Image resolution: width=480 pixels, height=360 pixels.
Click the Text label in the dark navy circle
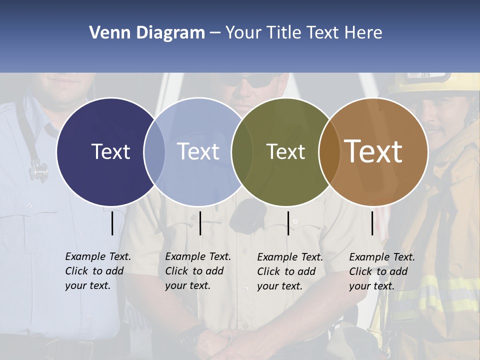[110, 151]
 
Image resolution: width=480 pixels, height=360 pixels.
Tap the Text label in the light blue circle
[198, 151]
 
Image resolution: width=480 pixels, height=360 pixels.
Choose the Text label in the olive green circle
[285, 151]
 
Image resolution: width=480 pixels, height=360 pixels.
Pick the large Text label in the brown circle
[373, 151]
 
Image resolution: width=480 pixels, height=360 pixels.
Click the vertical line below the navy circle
[112, 223]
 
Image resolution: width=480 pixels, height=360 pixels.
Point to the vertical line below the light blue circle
[200, 223]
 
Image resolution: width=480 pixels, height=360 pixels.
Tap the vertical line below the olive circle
[288, 223]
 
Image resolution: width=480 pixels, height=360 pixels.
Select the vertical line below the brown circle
[372, 223]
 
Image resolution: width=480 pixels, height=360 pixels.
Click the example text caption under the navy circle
[97, 271]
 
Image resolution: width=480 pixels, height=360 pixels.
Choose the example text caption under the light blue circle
[197, 271]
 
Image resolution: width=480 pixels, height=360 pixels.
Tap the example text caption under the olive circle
[289, 271]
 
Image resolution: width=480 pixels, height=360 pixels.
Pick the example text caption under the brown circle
[381, 271]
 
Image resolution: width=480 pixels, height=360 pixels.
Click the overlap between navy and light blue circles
[154, 151]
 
